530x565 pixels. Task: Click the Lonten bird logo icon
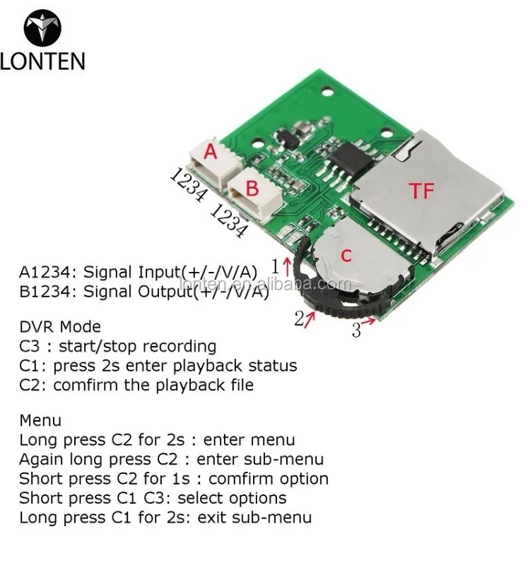(42, 28)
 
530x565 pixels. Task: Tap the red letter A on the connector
(211, 152)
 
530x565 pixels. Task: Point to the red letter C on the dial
(346, 256)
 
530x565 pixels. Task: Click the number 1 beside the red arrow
(276, 267)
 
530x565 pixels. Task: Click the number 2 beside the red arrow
(300, 319)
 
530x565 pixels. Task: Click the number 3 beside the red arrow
(356, 329)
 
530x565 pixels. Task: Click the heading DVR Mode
(60, 327)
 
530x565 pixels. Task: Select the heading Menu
(40, 421)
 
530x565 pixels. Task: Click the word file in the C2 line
(238, 385)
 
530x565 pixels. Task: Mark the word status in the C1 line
(272, 366)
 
